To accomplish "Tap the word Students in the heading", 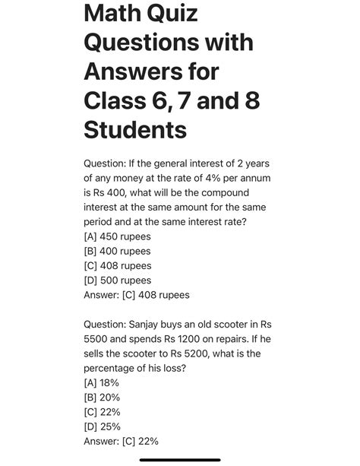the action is coord(135,128).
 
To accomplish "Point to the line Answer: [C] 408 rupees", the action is coord(137,294).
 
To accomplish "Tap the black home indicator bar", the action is coord(180,459).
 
